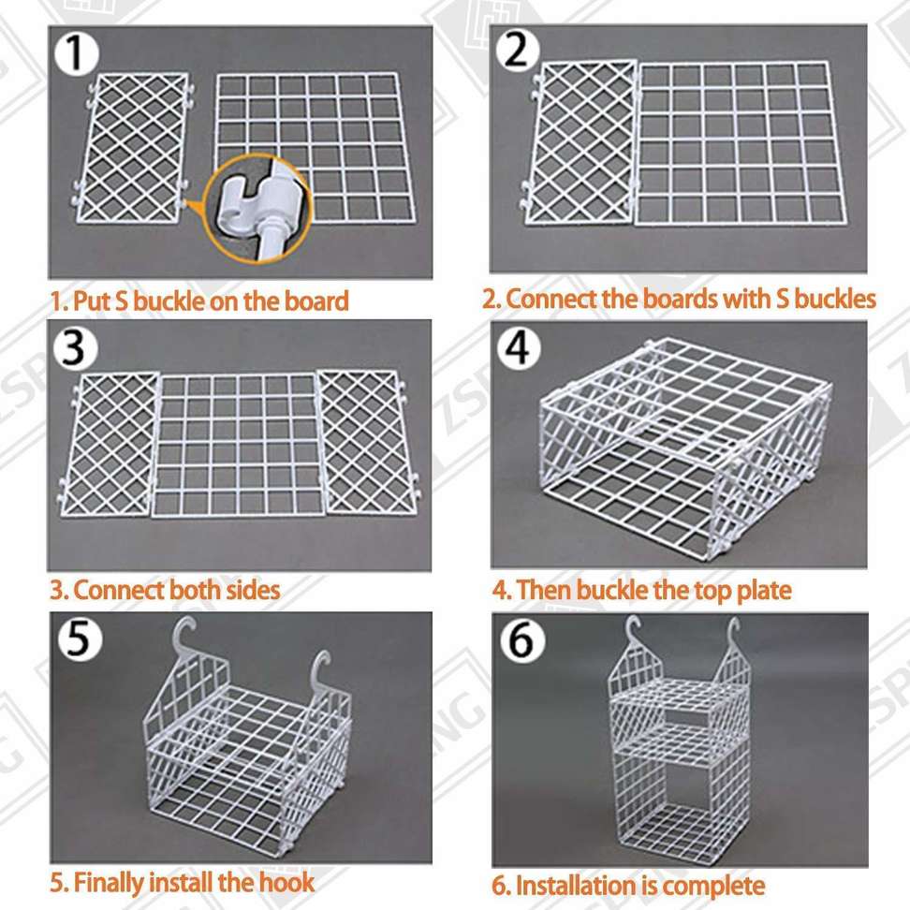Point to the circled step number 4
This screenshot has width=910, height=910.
[x=518, y=348]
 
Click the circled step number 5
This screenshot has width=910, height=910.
[x=79, y=641]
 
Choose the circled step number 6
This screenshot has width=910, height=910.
[x=521, y=642]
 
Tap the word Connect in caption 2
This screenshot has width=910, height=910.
[x=549, y=299]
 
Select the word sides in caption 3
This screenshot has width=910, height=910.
[x=245, y=591]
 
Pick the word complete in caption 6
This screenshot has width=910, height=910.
[x=718, y=885]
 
